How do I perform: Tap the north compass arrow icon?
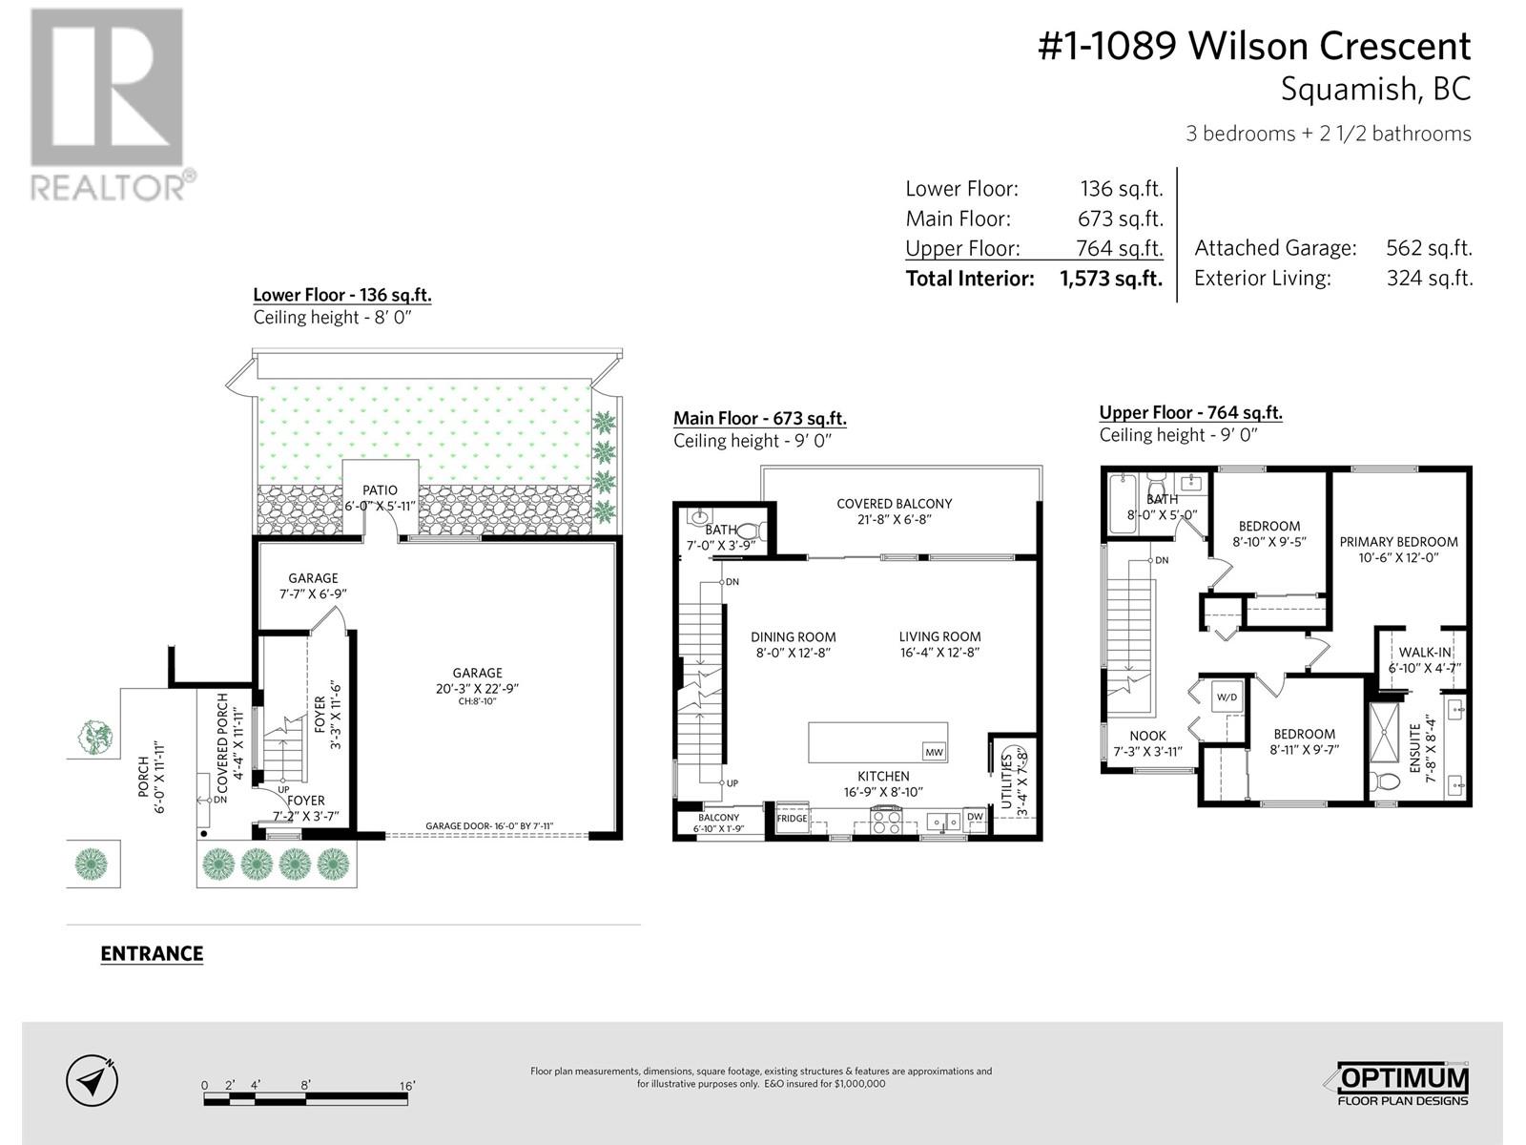(93, 1081)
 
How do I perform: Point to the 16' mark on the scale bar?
(407, 1086)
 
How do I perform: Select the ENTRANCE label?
(152, 953)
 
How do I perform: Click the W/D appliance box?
(1226, 697)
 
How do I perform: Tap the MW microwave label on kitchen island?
(934, 752)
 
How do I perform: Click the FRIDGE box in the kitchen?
(792, 819)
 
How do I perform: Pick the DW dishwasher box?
(975, 817)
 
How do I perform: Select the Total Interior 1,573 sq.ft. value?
(1110, 279)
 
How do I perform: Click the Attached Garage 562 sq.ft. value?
(1429, 248)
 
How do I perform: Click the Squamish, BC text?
(1374, 89)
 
